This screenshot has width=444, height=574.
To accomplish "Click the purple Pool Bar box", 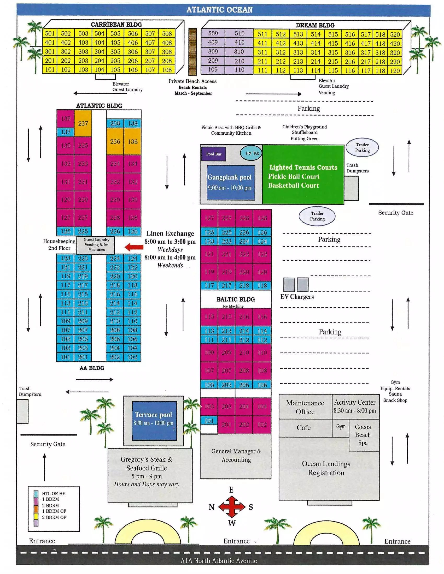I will point(214,154).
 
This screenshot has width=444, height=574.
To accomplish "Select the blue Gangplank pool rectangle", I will point(231,182).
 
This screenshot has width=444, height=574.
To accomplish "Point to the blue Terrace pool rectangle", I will point(154,421).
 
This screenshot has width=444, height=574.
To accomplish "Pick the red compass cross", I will point(231,507).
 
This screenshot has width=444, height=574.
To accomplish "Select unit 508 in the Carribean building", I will point(167,34).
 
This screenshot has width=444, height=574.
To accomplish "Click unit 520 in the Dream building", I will point(395,34).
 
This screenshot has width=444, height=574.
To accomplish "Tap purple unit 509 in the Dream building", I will point(213,33).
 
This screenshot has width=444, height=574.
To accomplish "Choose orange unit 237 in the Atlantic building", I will point(83,123).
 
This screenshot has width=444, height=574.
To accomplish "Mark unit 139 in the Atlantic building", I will point(66,118).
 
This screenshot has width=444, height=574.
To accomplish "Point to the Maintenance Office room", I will point(305,407).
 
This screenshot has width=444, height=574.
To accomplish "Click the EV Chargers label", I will point(297,297).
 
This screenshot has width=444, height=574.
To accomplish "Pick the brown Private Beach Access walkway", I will point(192,52).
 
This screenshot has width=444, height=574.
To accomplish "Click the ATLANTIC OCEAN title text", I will point(219,10).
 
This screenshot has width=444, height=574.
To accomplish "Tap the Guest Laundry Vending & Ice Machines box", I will point(97,245).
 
